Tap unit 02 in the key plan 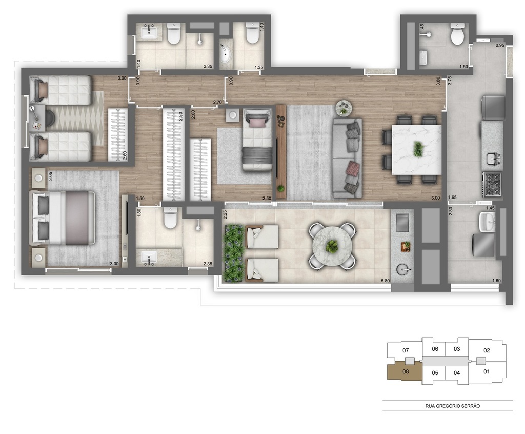coord(487,351)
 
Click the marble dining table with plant coord(416,150)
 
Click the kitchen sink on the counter coord(492,159)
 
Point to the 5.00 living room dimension coord(435,198)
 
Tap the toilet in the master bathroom coord(170,219)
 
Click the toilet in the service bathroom coord(456,35)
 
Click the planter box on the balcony coord(234,253)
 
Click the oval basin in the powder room coord(226,53)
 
